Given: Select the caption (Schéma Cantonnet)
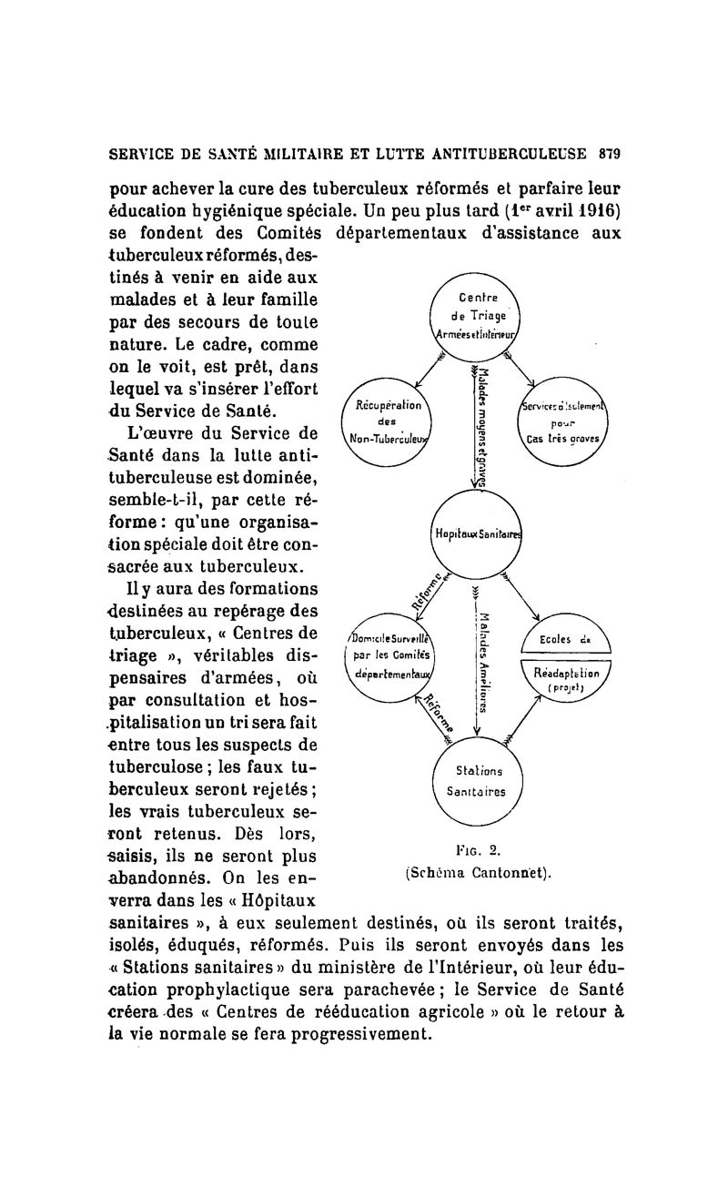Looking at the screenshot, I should (x=480, y=872).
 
